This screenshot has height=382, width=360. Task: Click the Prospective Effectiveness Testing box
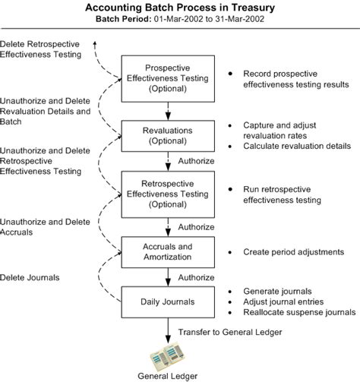168,79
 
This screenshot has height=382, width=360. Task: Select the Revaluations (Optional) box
168,136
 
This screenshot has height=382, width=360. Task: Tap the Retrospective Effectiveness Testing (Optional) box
168,194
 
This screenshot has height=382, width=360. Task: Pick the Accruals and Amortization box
168,252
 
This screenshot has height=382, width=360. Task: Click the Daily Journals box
168,302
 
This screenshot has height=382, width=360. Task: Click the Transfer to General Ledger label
230,332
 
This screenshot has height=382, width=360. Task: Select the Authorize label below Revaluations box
196,161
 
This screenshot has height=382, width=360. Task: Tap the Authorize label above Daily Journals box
196,277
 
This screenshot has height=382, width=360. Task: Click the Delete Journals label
30,277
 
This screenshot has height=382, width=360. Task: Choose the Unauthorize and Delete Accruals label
45,227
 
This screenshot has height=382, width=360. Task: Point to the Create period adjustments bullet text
294,252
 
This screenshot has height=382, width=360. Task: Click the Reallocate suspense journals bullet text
299,312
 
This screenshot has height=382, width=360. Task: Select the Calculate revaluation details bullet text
297,146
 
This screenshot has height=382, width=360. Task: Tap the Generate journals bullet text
277,292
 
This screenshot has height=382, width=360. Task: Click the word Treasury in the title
253,8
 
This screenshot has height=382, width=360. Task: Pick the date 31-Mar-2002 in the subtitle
239,19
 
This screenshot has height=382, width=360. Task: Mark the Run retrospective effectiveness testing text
282,194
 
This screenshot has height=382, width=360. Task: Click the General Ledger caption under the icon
167,376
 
